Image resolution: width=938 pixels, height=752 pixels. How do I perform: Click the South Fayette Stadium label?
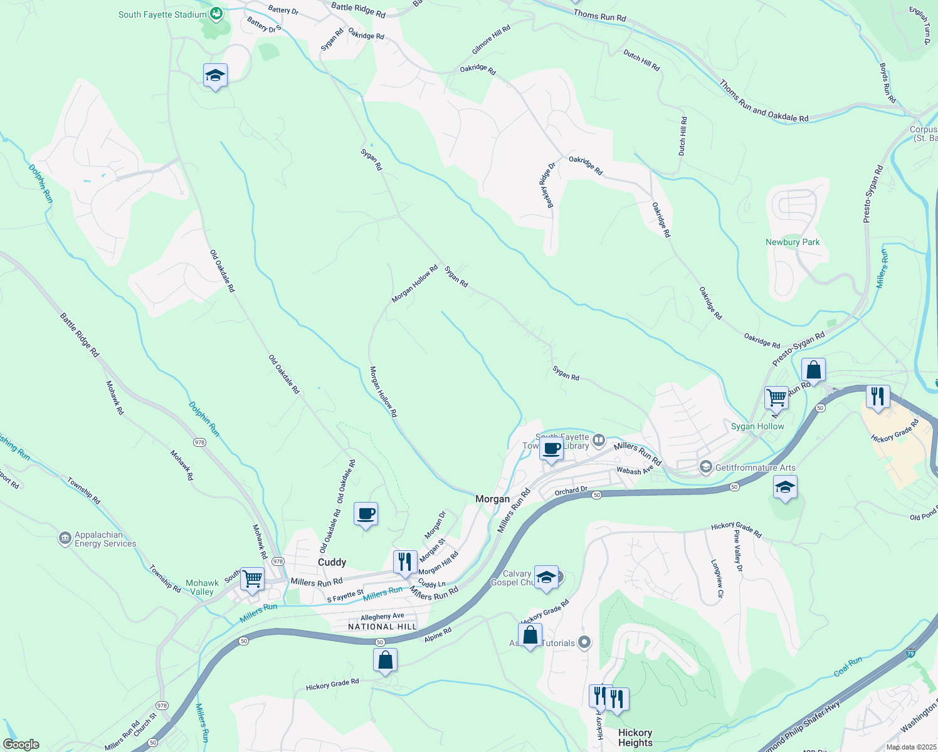162,14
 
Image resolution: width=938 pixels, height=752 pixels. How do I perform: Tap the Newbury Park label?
793,242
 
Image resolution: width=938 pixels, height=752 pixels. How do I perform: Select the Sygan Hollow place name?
757,426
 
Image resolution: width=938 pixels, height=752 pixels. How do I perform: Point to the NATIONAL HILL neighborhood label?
382,627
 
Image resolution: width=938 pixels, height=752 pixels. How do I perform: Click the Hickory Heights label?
635,738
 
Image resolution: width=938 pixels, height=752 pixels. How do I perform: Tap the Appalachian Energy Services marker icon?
65,539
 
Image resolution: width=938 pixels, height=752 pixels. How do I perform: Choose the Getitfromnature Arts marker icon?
706,467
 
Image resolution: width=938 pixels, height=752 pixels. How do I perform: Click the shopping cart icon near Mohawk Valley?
252,579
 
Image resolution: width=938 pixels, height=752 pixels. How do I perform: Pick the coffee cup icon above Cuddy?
366,514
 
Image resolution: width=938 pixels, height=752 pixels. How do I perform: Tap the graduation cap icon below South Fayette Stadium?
215,75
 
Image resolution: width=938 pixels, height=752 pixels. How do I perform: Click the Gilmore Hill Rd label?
492,39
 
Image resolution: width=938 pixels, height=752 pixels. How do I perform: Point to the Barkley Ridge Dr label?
547,185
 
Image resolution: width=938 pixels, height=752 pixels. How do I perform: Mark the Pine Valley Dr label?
738,551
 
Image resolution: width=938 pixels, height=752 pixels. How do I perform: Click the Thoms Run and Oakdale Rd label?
764,101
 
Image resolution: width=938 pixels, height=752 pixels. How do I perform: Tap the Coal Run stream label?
848,666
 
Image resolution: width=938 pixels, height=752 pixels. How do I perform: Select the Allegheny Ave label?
382,617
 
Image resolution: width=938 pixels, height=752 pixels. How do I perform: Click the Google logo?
21,744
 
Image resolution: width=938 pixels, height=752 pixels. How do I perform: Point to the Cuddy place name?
332,562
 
